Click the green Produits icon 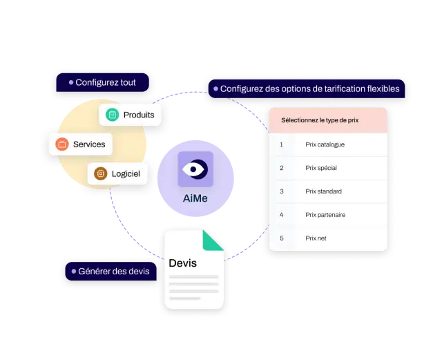[x=112, y=115]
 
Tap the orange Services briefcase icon [x=62, y=144]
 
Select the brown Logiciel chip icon [x=101, y=173]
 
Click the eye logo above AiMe [x=195, y=169]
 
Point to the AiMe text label [x=195, y=198]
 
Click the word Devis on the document [x=182, y=263]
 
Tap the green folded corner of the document [x=213, y=240]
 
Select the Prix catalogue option [x=325, y=144]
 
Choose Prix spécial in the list [x=321, y=168]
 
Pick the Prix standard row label [x=323, y=191]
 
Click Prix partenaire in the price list [x=325, y=215]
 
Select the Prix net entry [x=316, y=238]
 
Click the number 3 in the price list [x=282, y=191]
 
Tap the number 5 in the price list [x=282, y=238]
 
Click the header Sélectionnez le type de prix [x=320, y=120]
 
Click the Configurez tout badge [x=103, y=82]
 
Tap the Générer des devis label [x=110, y=271]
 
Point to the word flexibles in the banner [x=383, y=88]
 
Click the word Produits [x=139, y=115]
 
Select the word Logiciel [x=126, y=174]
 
